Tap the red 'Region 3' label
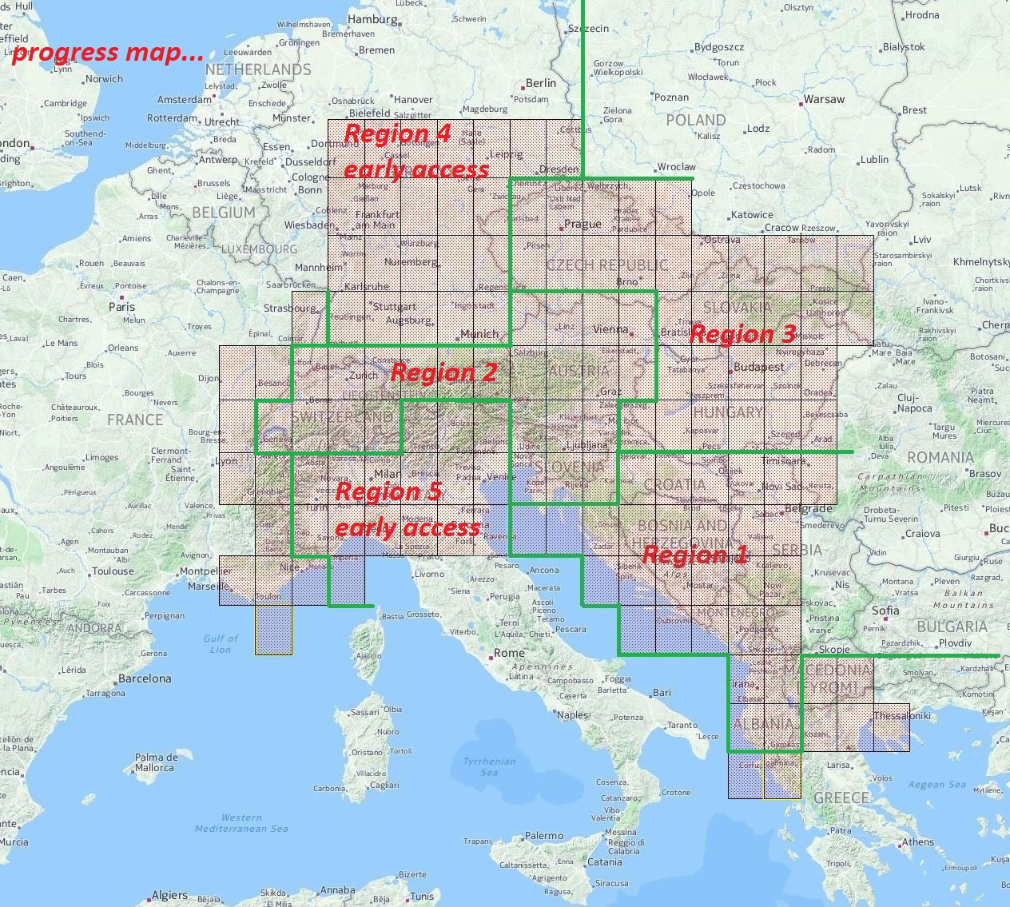click(742, 334)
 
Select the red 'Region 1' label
click(694, 555)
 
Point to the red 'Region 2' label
click(443, 372)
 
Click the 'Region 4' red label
click(397, 134)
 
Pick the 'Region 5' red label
click(388, 491)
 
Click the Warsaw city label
click(823, 100)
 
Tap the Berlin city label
click(540, 83)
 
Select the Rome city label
click(509, 653)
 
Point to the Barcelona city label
click(144, 678)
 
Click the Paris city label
click(121, 307)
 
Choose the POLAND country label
click(695, 121)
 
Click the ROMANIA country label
click(940, 458)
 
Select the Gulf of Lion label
click(221, 643)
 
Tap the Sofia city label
click(885, 611)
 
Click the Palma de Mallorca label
click(154, 762)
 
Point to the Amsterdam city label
click(184, 101)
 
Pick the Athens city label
click(917, 842)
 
